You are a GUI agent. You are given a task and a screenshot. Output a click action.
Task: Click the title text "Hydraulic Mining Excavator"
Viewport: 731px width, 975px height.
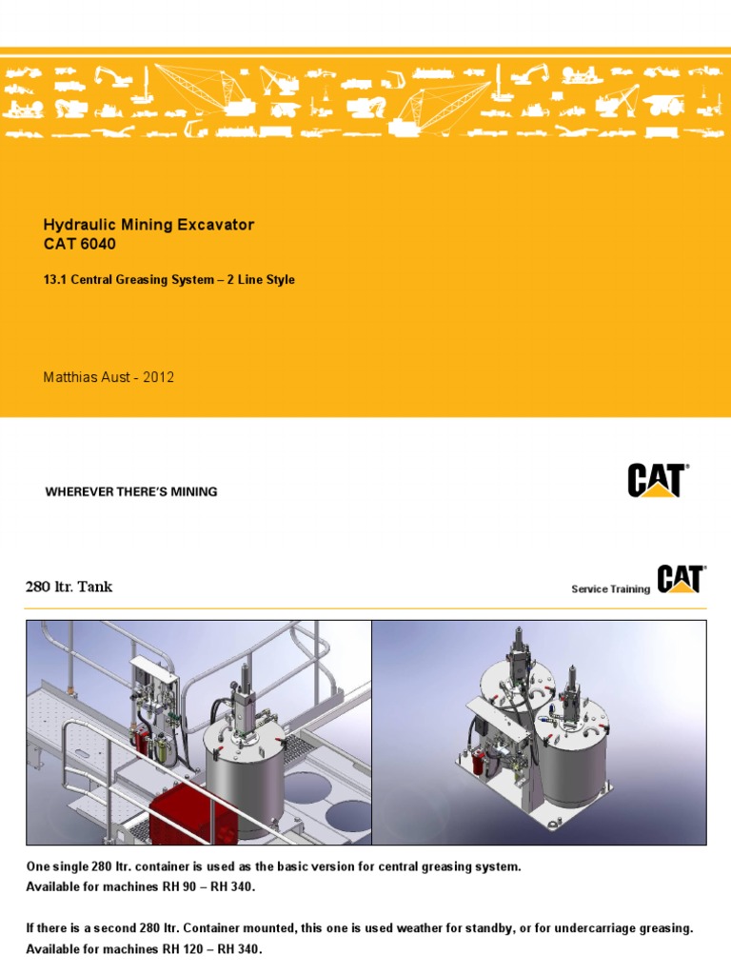[148, 225]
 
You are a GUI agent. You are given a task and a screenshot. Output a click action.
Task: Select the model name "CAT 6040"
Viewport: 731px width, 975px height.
[83, 244]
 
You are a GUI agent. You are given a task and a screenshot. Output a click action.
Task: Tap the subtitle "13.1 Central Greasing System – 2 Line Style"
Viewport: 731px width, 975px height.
[169, 280]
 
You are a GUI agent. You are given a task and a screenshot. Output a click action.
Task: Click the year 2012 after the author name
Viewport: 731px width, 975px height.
[158, 377]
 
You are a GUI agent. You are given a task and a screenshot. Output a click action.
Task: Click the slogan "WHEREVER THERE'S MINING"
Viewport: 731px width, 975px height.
[131, 492]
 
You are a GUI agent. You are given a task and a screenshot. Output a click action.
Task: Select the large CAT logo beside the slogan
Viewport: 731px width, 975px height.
[658, 480]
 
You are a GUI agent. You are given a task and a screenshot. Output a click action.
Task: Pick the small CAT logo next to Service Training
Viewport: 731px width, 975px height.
[680, 580]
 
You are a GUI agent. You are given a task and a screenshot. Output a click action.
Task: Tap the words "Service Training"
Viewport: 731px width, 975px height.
[610, 589]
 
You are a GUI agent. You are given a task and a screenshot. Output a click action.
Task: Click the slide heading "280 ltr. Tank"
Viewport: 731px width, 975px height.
[69, 587]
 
